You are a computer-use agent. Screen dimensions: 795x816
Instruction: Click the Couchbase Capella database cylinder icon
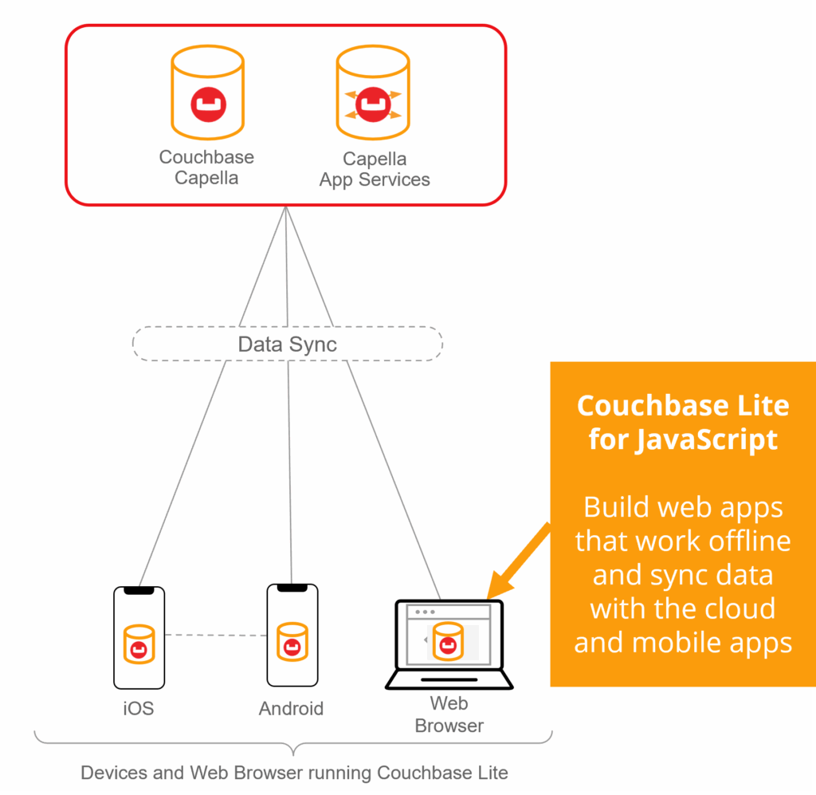pyautogui.click(x=208, y=95)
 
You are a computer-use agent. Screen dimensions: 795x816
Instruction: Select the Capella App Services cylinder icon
pyautogui.click(x=372, y=95)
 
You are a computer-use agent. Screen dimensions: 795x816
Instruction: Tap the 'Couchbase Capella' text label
pyautogui.click(x=206, y=167)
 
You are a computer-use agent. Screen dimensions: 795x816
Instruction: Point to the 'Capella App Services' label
pyautogui.click(x=375, y=170)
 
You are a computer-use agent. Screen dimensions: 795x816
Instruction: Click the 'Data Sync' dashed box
pyautogui.click(x=287, y=344)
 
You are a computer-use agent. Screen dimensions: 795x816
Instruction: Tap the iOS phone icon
pyautogui.click(x=139, y=638)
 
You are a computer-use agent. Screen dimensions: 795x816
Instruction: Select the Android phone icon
pyautogui.click(x=292, y=635)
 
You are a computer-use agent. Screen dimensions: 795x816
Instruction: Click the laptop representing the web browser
pyautogui.click(x=449, y=644)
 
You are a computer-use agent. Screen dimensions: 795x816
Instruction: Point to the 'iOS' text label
pyautogui.click(x=139, y=708)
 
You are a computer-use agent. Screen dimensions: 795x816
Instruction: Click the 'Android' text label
pyautogui.click(x=292, y=708)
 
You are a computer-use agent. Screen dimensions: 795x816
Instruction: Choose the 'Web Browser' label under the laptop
pyautogui.click(x=449, y=714)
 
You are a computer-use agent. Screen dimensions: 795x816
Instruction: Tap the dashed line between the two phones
pyautogui.click(x=215, y=636)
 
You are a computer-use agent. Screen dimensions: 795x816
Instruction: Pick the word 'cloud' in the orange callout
pyautogui.click(x=731, y=608)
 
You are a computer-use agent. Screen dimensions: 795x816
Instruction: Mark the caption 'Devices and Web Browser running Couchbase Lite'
pyautogui.click(x=294, y=773)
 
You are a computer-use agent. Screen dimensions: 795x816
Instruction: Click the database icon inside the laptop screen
pyautogui.click(x=447, y=640)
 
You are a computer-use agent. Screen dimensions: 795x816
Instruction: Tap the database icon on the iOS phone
pyautogui.click(x=139, y=643)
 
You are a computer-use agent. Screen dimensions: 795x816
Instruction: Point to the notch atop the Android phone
pyautogui.click(x=292, y=588)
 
